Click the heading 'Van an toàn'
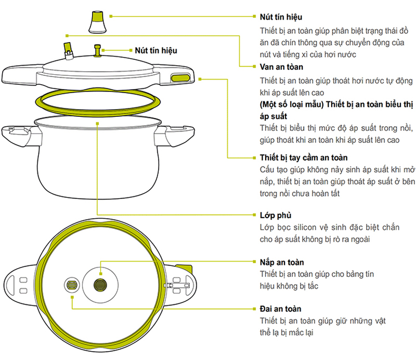tap(281, 67)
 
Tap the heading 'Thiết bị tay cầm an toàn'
tap(303, 157)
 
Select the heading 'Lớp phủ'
tap(275, 215)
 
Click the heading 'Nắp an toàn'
tap(281, 262)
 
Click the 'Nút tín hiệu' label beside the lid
tap(155, 50)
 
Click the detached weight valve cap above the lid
tap(97, 21)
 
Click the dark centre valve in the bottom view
tap(100, 284)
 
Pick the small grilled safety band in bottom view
tap(71, 286)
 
